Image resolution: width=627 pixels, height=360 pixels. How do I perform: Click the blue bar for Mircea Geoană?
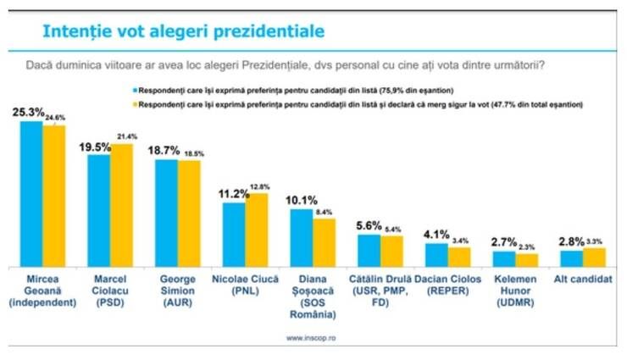click(x=31, y=194)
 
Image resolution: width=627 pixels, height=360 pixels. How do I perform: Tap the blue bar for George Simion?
click(x=166, y=213)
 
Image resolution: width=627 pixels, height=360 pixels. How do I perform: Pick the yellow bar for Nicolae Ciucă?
click(x=257, y=230)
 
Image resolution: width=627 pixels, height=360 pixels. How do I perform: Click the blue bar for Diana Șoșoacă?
click(x=302, y=237)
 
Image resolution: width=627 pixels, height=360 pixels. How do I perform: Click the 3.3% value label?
click(x=596, y=241)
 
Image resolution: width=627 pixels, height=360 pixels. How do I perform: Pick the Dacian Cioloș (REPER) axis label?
click(x=447, y=284)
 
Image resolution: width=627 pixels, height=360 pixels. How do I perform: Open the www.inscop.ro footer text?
click(x=311, y=339)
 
